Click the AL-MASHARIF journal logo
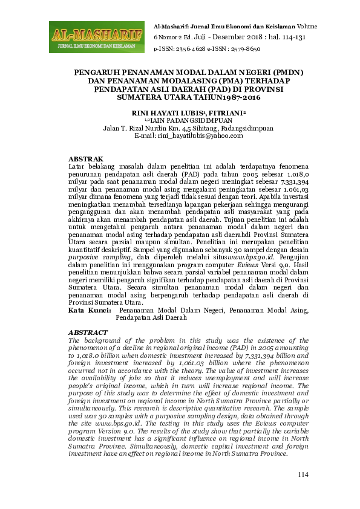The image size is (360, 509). click(x=96, y=36)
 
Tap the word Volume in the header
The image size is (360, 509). click(x=307, y=27)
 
